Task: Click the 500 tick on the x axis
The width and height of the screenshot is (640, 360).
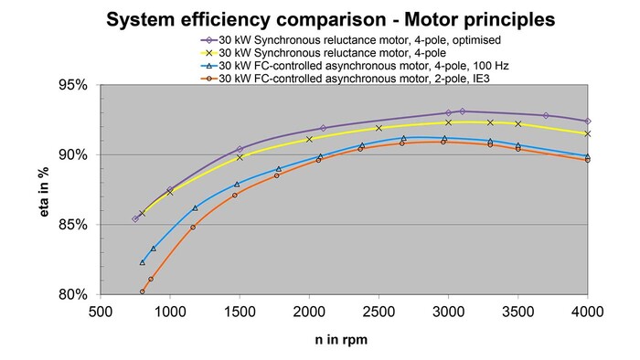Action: tap(101, 312)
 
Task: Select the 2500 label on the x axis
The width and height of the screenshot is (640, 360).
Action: tap(379, 312)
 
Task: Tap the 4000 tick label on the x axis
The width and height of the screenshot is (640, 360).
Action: tap(588, 312)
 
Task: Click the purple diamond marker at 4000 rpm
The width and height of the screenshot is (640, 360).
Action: tap(588, 122)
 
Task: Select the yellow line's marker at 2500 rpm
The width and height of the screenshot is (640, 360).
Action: tap(379, 128)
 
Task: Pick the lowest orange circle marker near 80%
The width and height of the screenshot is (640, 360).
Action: tap(143, 292)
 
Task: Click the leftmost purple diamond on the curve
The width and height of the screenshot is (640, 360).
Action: tap(135, 218)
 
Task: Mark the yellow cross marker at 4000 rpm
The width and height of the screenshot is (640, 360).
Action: tap(588, 133)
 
